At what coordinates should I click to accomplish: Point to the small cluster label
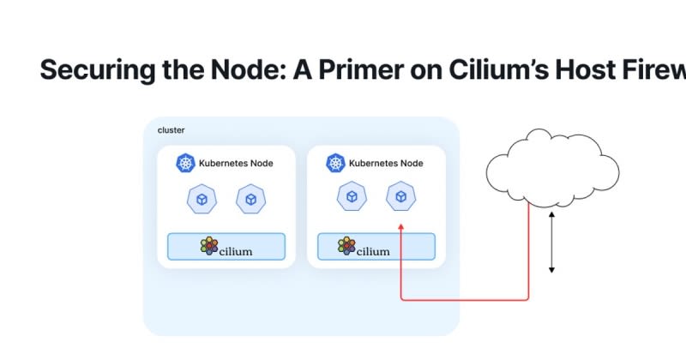(171, 130)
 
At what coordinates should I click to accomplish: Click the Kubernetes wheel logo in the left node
(185, 163)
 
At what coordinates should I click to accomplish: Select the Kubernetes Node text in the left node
(236, 163)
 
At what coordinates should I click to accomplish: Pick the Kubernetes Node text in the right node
(386, 163)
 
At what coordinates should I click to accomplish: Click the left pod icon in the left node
(201, 199)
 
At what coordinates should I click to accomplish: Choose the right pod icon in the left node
(250, 199)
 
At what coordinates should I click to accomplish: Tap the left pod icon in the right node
(351, 197)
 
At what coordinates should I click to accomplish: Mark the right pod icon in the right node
(400, 197)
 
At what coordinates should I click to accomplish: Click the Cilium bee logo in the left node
(209, 246)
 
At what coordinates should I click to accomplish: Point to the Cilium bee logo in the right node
(346, 247)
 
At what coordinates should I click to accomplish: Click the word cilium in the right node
(373, 250)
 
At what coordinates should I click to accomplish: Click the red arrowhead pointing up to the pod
(401, 225)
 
